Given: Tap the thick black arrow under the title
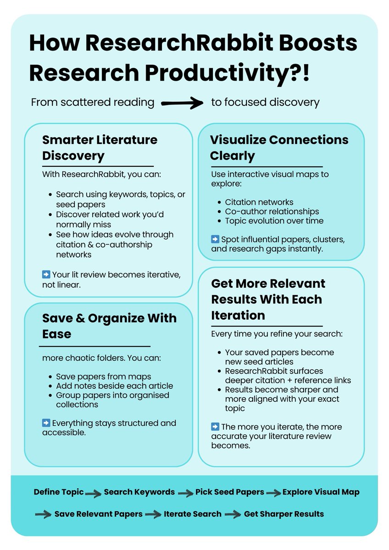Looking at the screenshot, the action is pyautogui.click(x=183, y=103).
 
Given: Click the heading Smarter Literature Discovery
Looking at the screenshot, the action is pyautogui.click(x=100, y=147).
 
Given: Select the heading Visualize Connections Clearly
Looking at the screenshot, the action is pyautogui.click(x=279, y=147).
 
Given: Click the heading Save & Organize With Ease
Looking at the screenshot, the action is pyautogui.click(x=109, y=326).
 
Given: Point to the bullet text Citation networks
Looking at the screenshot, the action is pyautogui.click(x=259, y=202).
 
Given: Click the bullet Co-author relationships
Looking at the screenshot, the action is pyautogui.click(x=272, y=211).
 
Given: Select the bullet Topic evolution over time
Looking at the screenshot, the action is pyautogui.click(x=274, y=220).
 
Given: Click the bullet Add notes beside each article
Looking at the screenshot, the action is pyautogui.click(x=114, y=386).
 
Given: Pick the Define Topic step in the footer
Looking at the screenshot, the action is pyautogui.click(x=59, y=492).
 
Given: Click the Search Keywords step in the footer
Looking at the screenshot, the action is pyautogui.click(x=139, y=492).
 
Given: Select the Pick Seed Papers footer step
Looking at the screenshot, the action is pyautogui.click(x=229, y=492).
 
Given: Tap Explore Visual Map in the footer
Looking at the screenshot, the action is pyautogui.click(x=321, y=492).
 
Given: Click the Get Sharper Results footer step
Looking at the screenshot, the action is pyautogui.click(x=283, y=514).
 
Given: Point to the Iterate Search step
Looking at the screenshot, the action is pyautogui.click(x=192, y=514).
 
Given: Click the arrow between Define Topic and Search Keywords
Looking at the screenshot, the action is pyautogui.click(x=93, y=494).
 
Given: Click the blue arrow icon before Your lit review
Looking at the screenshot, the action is pyautogui.click(x=46, y=275).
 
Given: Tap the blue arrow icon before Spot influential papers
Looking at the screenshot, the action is pyautogui.click(x=215, y=239).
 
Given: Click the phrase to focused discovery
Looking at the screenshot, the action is pyautogui.click(x=265, y=102).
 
